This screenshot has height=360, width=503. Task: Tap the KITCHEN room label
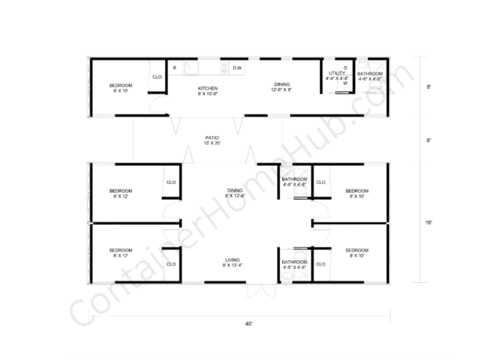pyautogui.click(x=207, y=87)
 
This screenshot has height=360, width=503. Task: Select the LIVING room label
pyautogui.click(x=232, y=259)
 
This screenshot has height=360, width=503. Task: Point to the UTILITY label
pyautogui.click(x=336, y=72)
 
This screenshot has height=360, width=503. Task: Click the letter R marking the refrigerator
pyautogui.click(x=174, y=68)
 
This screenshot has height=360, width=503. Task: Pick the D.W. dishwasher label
pyautogui.click(x=237, y=68)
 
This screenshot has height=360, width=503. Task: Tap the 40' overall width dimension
pyautogui.click(x=248, y=323)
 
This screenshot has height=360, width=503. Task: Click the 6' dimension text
pyautogui.click(x=429, y=140)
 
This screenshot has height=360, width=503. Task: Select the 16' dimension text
pyautogui.click(x=429, y=223)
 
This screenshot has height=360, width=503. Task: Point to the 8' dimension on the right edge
pyautogui.click(x=429, y=87)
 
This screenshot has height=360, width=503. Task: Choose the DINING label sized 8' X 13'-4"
pyautogui.click(x=234, y=189)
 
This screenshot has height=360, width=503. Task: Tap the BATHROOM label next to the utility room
pyautogui.click(x=369, y=73)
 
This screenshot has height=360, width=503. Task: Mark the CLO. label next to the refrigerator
pyautogui.click(x=157, y=76)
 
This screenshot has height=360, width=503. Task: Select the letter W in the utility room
pyautogui.click(x=344, y=83)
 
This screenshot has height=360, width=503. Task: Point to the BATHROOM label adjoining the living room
pyautogui.click(x=294, y=262)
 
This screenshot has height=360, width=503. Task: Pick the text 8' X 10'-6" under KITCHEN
pyautogui.click(x=207, y=94)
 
